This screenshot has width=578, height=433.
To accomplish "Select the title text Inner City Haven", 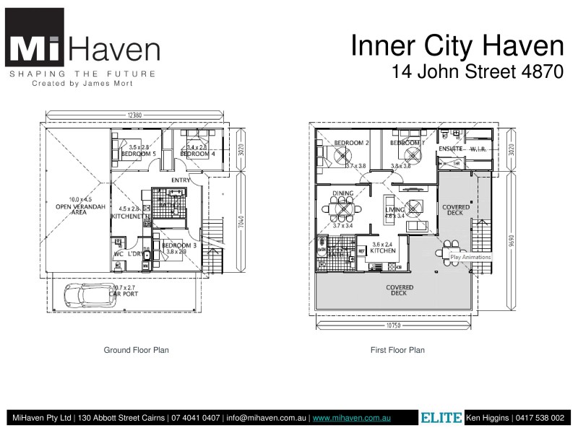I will tap(457, 46).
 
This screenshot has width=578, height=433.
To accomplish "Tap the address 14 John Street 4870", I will tap(477, 72).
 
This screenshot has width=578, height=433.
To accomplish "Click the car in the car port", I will tap(85, 294).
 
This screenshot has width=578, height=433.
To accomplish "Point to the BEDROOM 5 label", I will tap(137, 154).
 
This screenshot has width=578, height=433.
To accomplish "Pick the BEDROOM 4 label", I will tap(197, 154).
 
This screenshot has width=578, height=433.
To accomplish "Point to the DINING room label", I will tap(342, 193).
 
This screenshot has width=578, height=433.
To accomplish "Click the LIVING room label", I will tap(396, 210).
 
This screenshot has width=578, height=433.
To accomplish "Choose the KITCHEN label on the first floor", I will tap(383, 250).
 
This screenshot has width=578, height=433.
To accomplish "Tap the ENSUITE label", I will tap(451, 149).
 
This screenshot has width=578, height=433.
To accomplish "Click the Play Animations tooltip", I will tap(470, 257).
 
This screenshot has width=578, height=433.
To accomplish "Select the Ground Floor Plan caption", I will tap(137, 350).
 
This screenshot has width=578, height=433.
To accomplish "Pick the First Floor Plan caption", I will tap(397, 350).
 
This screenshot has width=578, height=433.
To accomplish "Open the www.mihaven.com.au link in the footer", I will tap(352, 418).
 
